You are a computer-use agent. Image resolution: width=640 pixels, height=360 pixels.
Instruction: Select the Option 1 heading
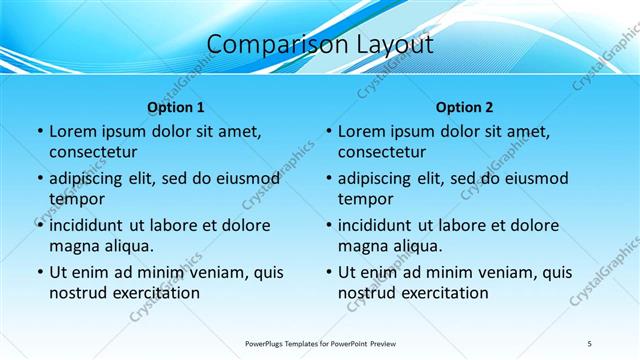point(175,107)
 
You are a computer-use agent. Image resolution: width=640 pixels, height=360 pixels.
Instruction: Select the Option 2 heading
point(464,107)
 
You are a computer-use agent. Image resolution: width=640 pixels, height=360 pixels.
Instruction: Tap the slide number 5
point(590,343)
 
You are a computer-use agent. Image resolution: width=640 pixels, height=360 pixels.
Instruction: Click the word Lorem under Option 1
point(73,131)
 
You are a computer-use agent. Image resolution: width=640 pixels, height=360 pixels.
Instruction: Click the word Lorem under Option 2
point(362,131)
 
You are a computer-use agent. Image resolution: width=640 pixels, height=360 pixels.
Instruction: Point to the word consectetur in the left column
point(93,152)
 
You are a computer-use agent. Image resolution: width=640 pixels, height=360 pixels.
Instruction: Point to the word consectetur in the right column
point(382,152)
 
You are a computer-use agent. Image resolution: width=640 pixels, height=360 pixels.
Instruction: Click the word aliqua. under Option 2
point(411,245)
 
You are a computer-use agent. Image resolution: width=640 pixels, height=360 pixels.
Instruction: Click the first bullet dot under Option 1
point(40,132)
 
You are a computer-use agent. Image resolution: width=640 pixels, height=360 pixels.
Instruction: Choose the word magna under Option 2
point(361,245)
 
